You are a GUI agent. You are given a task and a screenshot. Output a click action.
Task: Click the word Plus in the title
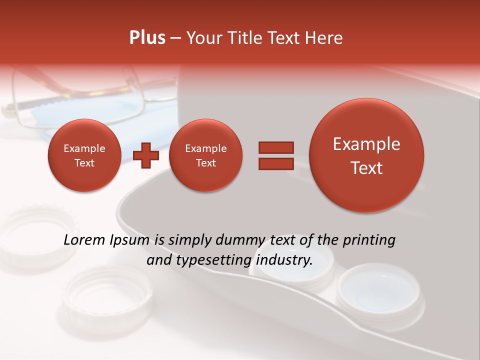point(147,38)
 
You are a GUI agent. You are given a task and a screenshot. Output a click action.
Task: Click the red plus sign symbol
point(146,155)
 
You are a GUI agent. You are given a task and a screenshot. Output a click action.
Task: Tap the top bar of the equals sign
point(275,147)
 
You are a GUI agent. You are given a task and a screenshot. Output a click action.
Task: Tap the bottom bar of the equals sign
point(275,164)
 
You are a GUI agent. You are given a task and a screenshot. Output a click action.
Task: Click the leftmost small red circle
point(84,155)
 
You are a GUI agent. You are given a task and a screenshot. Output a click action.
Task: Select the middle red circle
point(205,155)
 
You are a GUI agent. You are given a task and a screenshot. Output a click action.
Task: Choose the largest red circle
point(366,155)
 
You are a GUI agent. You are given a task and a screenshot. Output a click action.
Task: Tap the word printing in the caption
point(368,240)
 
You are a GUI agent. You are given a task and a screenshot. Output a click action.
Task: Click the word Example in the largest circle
point(366,144)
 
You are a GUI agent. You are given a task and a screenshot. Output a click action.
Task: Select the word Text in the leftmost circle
point(84,163)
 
